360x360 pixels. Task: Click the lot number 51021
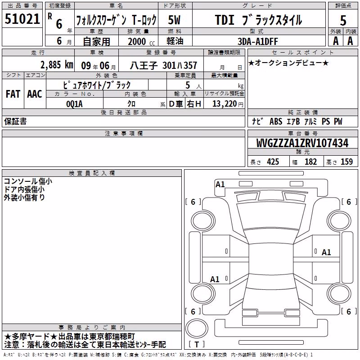22,18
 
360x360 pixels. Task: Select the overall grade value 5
343,20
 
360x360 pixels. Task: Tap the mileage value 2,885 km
57,65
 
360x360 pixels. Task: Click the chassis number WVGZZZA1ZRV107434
302,143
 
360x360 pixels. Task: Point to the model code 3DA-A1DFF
257,41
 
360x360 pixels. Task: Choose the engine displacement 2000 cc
141,41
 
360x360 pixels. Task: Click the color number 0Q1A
74,104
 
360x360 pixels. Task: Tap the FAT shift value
13,94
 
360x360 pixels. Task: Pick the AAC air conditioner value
35,94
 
